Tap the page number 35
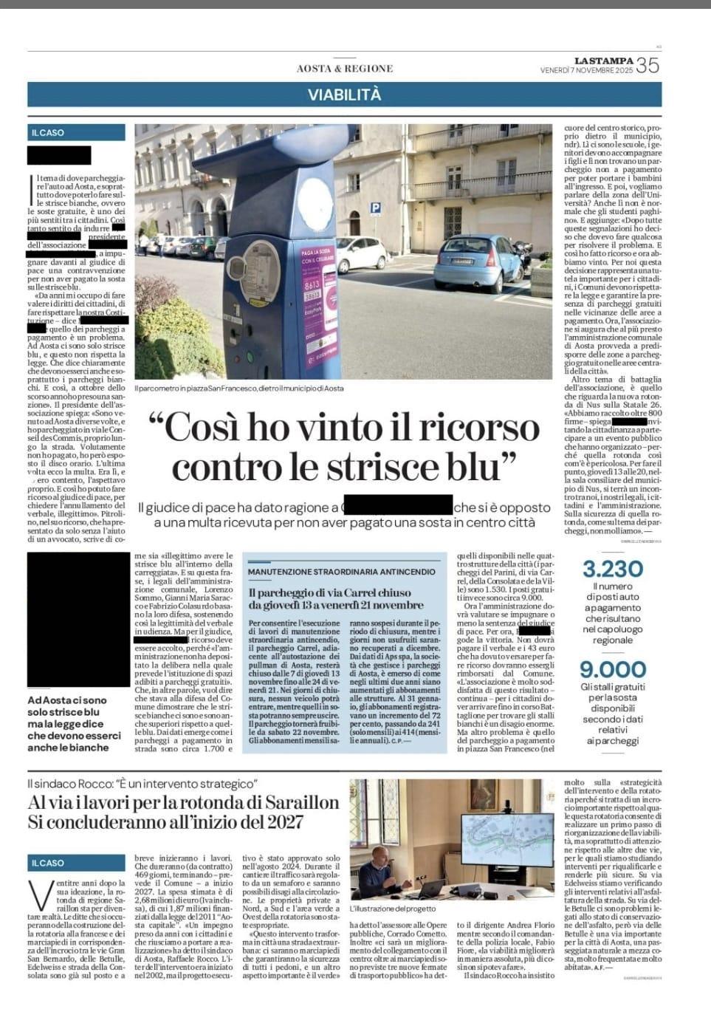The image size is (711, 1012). pos(647,66)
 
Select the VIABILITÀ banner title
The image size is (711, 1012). pos(355,95)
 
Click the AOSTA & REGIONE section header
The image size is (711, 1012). pos(345,69)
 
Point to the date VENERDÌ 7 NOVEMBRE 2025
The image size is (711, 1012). pos(587,71)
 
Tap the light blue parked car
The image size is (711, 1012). pos(473,259)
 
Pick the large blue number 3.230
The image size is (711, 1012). pos(613,569)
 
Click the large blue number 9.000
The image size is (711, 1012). pos(613,669)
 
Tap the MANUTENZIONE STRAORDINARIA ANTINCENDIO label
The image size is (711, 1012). pos(342,572)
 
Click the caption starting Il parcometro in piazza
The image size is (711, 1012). pos(239,388)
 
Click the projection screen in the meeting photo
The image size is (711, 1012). pos(507,840)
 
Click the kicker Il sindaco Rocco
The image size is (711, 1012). pos(142,783)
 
